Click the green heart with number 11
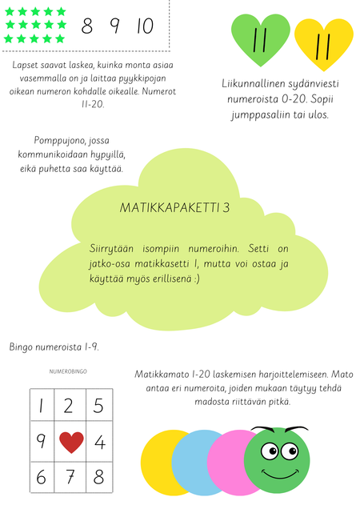(260, 40)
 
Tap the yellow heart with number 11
(323, 45)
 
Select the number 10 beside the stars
(145, 26)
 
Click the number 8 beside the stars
(87, 26)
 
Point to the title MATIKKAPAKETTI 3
(174, 207)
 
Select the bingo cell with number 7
(70, 477)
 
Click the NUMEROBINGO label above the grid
(69, 372)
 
